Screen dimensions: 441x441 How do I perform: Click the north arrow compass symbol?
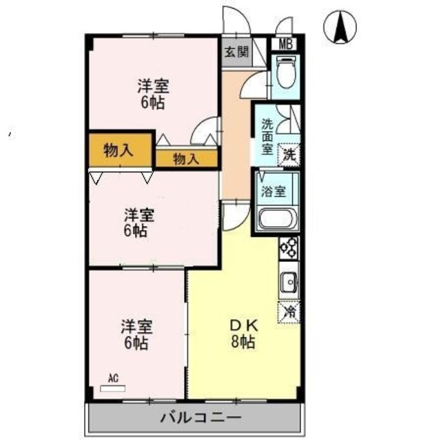pos(340,28)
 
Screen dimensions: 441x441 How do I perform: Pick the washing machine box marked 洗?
pos(291,155)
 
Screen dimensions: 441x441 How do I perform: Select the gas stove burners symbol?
pos(289,248)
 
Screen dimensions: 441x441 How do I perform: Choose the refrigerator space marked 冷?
pos(290,311)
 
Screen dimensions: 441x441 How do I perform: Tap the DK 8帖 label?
pos(244,334)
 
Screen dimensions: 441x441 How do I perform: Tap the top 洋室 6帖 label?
pos(153,94)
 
